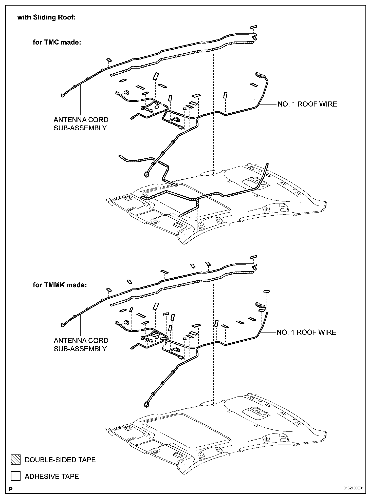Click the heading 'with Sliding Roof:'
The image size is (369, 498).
point(46,17)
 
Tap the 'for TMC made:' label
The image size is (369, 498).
point(57,42)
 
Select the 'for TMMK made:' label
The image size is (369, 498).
point(60,285)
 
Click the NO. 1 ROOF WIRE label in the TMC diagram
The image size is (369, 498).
point(307,104)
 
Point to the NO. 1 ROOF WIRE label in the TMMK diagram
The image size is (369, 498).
point(306,332)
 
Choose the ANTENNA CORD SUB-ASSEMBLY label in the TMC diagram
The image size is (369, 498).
point(81,124)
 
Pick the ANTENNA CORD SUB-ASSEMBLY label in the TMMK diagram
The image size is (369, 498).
point(81,345)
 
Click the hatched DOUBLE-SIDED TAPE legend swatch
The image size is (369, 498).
point(15,460)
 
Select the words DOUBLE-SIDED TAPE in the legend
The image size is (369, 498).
point(60,460)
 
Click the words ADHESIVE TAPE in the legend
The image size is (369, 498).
point(52,476)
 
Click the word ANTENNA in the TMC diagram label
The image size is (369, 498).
point(68,120)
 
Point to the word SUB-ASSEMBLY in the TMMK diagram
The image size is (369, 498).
point(80,349)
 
